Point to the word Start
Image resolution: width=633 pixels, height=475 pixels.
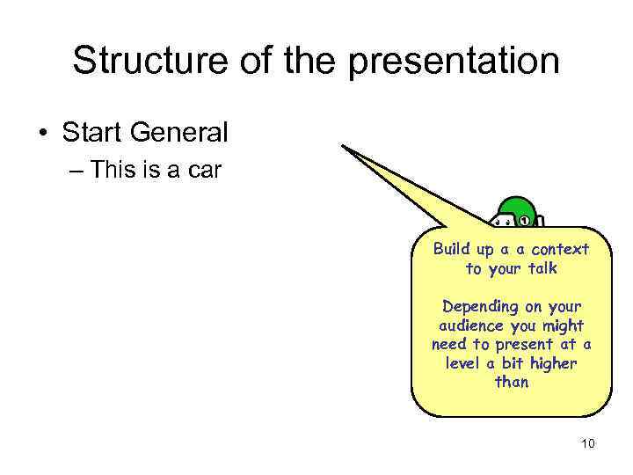92,134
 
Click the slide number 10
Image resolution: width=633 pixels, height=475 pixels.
588,443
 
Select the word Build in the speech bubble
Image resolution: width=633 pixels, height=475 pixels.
452,250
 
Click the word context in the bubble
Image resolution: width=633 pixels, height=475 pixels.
560,250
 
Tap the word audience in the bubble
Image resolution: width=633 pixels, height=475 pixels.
464,325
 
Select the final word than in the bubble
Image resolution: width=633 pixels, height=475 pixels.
512,382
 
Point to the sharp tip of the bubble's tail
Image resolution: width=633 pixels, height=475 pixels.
343,147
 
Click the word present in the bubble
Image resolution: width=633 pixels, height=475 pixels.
527,345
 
